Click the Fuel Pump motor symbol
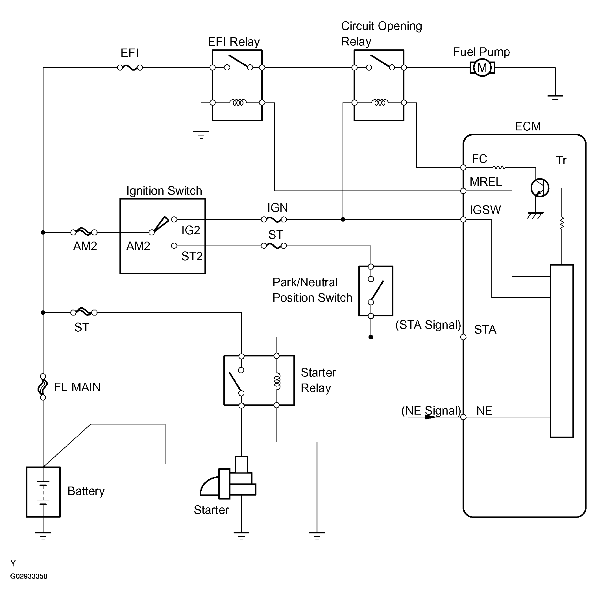pyautogui.click(x=482, y=68)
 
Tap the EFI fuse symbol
pyautogui.click(x=130, y=67)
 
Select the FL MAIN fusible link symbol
pyautogui.click(x=43, y=387)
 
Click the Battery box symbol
pyautogui.click(x=43, y=492)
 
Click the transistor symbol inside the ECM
pyautogui.click(x=540, y=188)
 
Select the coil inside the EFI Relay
pyautogui.click(x=238, y=102)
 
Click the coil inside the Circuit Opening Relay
pyautogui.click(x=380, y=102)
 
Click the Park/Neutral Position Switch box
pyautogui.click(x=376, y=291)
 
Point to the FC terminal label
pyautogui.click(x=479, y=159)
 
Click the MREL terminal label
pyautogui.click(x=486, y=182)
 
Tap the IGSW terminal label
pyautogui.click(x=485, y=210)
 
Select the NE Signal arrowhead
pyautogui.click(x=430, y=417)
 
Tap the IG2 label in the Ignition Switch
pyautogui.click(x=191, y=230)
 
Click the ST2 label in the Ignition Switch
pyautogui.click(x=192, y=256)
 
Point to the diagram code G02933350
pyautogui.click(x=29, y=576)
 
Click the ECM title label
pyautogui.click(x=528, y=126)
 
